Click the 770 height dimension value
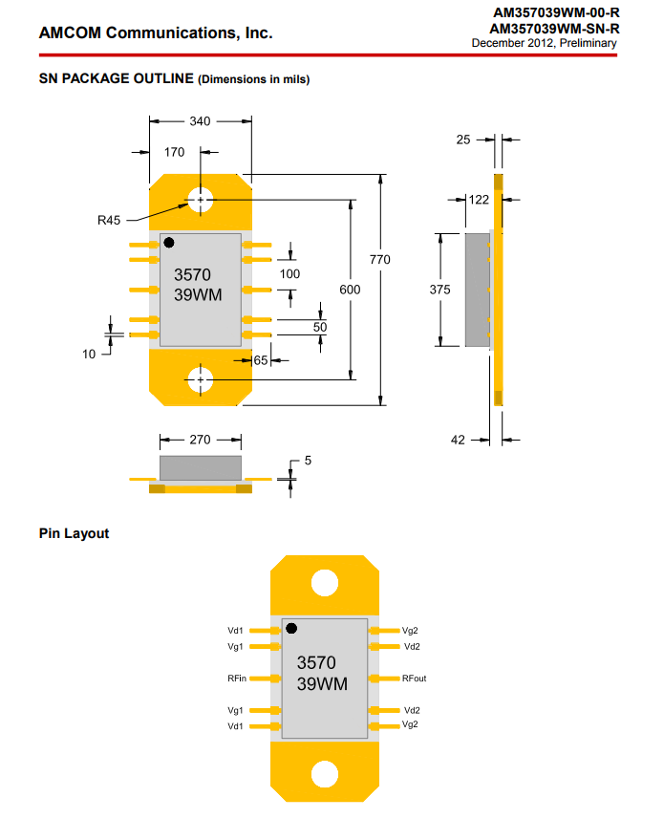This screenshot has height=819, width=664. pos(380,259)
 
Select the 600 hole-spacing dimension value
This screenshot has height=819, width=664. pos(352,290)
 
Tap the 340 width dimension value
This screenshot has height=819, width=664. pos(201,121)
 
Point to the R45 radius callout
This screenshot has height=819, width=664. pos(109,220)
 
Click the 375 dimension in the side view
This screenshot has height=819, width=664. pos(439,290)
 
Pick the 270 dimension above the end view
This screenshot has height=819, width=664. pos(200,440)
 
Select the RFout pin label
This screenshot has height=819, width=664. pos(415,679)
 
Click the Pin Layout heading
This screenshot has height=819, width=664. pos(74,533)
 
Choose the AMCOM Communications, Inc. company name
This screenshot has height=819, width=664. pos(156,33)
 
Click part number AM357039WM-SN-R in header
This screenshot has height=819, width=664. pos(553,29)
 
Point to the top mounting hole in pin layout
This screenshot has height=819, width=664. pos(325,582)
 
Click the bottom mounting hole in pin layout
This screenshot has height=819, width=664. pos(325,774)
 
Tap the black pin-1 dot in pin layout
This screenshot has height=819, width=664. pos(291,628)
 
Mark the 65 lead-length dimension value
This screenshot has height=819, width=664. pos(261,360)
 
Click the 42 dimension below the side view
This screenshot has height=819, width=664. pos(458,440)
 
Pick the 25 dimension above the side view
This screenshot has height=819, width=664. pos(463,140)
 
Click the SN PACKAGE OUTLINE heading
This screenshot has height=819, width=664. pos(117,78)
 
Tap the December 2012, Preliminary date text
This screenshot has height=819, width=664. pos(544,43)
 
